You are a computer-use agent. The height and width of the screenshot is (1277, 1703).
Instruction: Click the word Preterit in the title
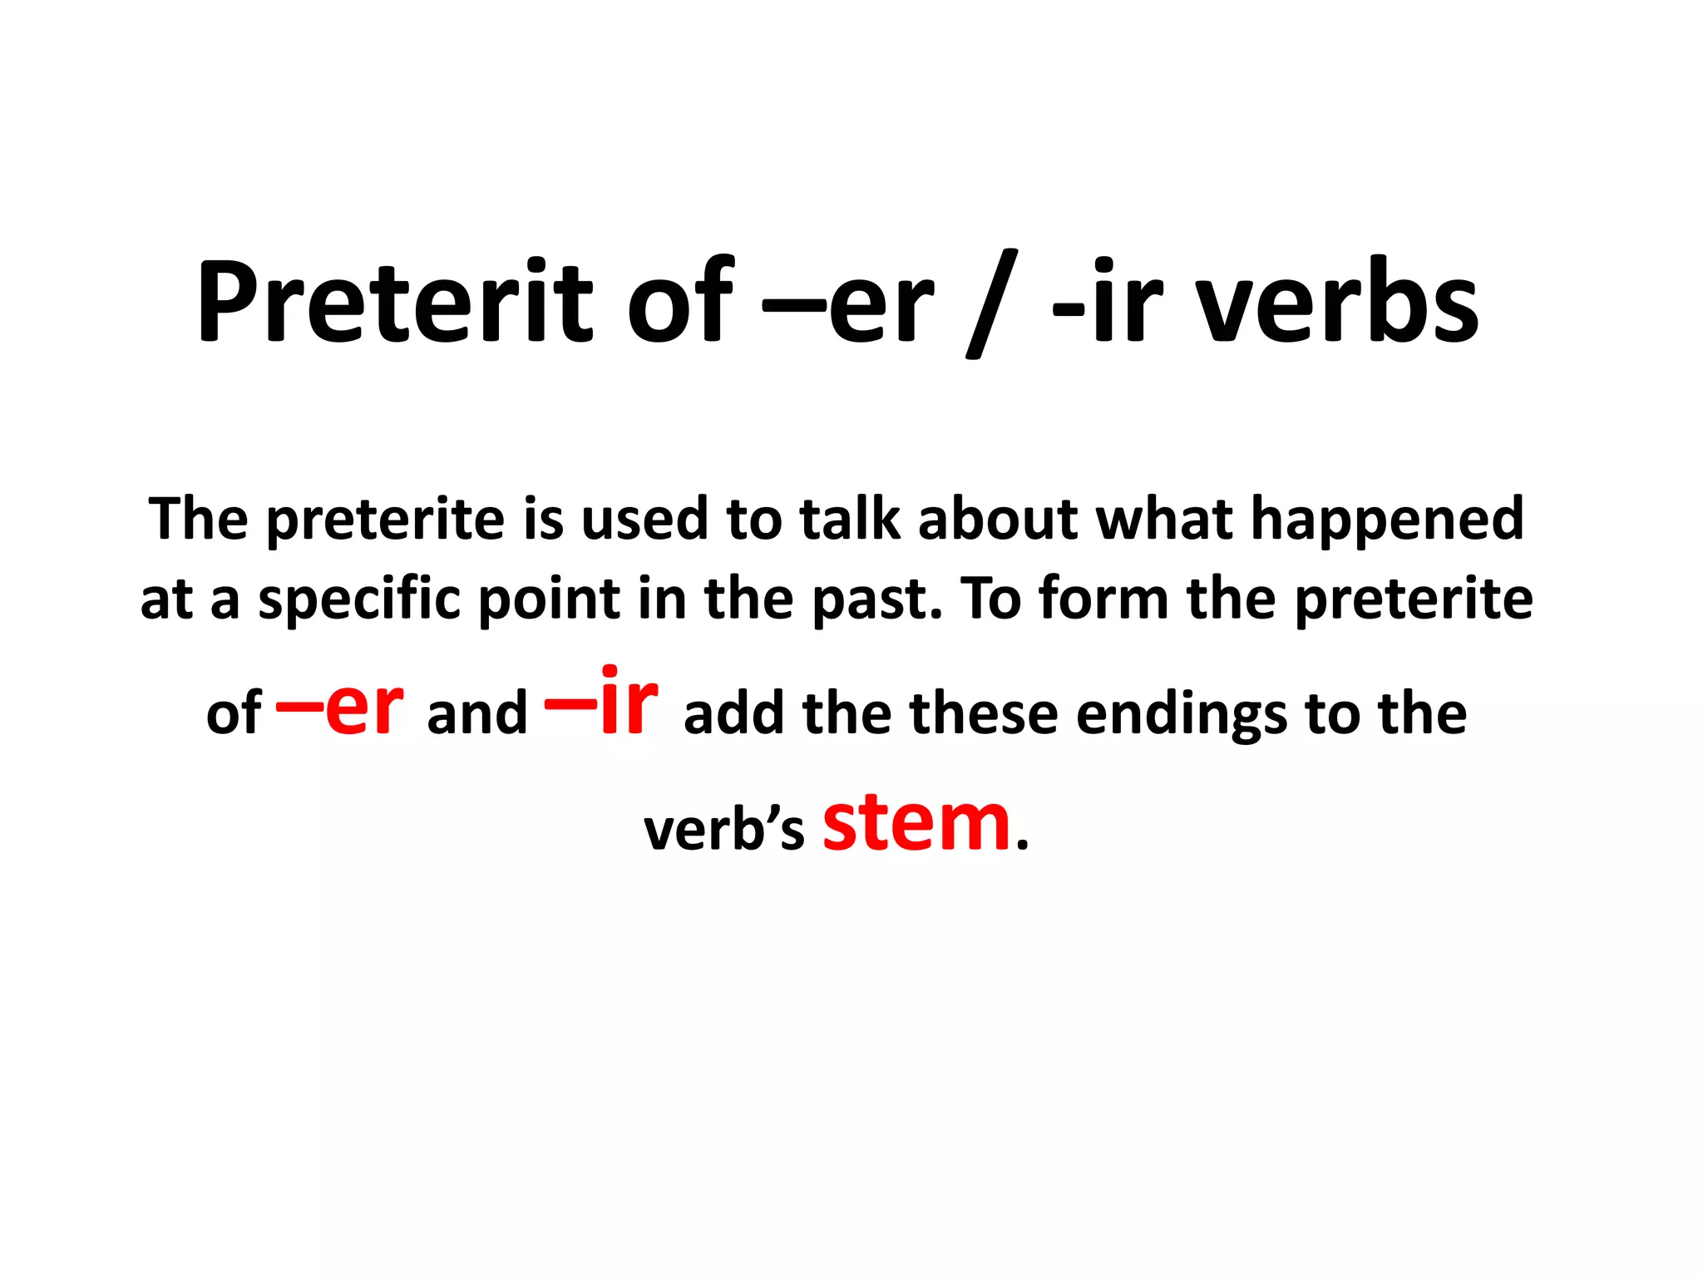coord(395,301)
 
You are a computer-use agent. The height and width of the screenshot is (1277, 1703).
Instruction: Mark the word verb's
coord(724,830)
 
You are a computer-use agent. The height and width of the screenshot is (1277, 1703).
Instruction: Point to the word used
coord(644,519)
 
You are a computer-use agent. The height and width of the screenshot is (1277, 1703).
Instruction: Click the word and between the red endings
coord(476,713)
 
